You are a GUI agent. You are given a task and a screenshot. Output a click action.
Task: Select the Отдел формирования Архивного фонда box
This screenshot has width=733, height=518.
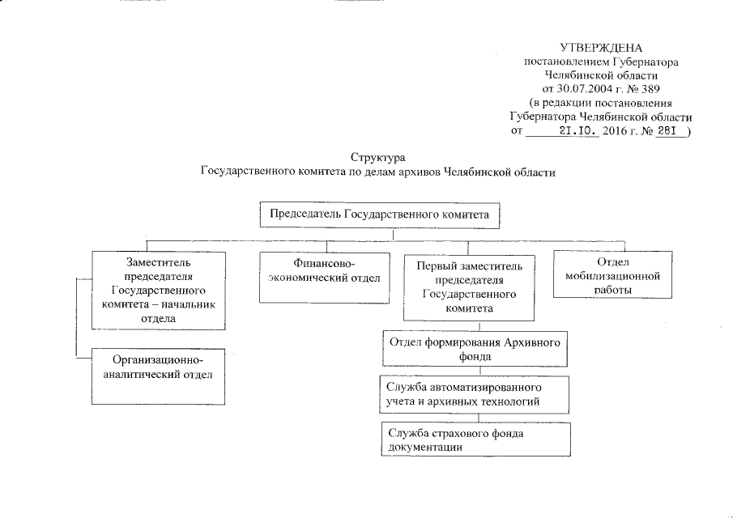[x=474, y=350]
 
